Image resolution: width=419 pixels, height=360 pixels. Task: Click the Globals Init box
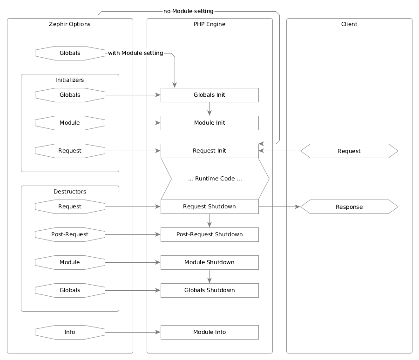tap(209, 95)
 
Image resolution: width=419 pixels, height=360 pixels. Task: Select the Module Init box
tap(209, 123)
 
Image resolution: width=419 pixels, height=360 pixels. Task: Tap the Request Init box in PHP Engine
tap(209, 151)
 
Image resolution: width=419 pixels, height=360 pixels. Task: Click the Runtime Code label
tap(215, 179)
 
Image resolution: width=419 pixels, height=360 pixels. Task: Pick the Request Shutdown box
tap(209, 207)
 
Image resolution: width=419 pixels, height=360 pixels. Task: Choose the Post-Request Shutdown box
tap(209, 234)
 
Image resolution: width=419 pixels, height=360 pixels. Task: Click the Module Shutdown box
tap(209, 262)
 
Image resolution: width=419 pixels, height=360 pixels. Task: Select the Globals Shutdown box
tap(209, 290)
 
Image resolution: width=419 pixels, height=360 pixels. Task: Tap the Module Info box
tap(209, 332)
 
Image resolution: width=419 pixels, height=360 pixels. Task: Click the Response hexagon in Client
tap(349, 207)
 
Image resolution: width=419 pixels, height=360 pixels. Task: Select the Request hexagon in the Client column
tap(349, 151)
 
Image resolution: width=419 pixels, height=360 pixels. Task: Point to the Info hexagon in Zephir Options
tap(70, 332)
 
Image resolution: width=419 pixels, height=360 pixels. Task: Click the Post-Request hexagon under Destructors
tap(70, 234)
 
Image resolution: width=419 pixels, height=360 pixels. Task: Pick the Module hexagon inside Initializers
tap(70, 123)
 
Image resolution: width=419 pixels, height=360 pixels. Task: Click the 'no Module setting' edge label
tap(189, 11)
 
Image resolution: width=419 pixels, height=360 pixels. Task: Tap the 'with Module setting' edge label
tap(135, 53)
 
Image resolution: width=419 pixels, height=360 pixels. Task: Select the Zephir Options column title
tap(70, 24)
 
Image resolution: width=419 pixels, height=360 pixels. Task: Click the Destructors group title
tap(70, 192)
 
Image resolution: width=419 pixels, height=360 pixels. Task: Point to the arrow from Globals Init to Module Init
tap(209, 109)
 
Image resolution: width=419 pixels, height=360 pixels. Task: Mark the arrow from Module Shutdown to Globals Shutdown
tap(209, 276)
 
